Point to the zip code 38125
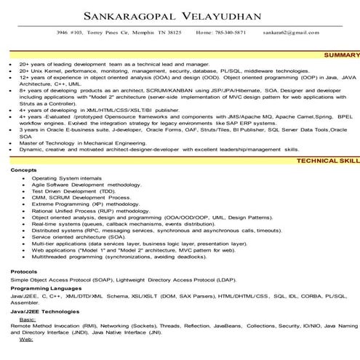(172, 33)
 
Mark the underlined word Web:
(26, 340)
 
